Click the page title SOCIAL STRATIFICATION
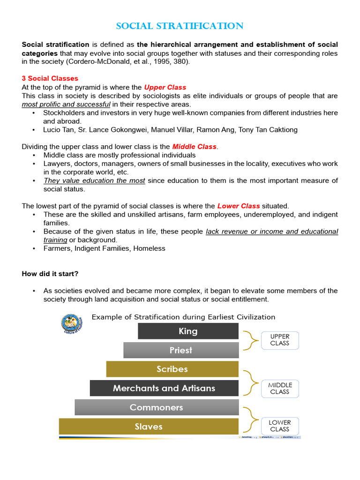coord(180,26)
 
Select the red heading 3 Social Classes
coord(50,78)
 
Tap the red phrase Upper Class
coord(165,87)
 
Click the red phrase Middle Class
coord(194,147)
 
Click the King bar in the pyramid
coord(188,331)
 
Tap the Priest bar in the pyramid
coord(181,350)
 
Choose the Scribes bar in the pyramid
coord(172,369)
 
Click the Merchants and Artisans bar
coord(164,388)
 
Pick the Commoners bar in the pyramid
coord(156,407)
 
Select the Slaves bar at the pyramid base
coord(149,427)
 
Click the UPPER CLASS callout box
coord(280,340)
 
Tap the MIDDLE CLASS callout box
coord(280,388)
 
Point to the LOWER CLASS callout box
coord(280,426)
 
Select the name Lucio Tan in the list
coord(58,130)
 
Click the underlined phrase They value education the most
coord(94,180)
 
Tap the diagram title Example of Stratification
coord(183,317)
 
